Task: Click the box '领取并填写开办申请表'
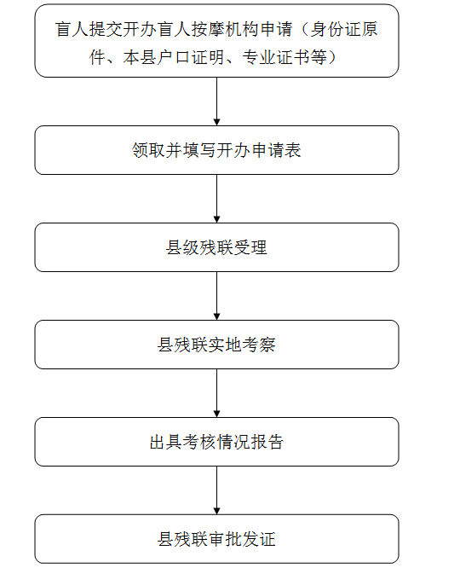216,150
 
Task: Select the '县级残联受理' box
216,247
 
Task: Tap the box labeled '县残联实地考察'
216,345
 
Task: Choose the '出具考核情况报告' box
216,442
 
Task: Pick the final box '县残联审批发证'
216,539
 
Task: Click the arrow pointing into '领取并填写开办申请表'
216,101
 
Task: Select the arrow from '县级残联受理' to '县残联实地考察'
216,296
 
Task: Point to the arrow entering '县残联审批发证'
216,490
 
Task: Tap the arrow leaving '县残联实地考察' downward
216,393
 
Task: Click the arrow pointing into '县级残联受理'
216,199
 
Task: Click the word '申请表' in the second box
276,150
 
